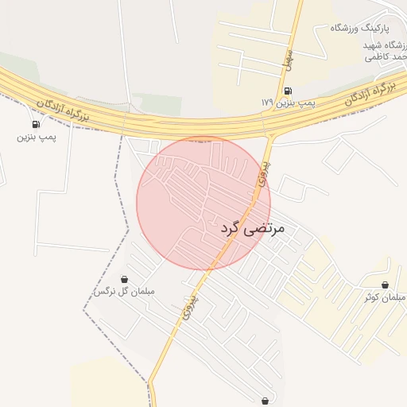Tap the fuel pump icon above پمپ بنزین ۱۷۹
(x=287, y=91)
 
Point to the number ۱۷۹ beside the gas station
(x=266, y=103)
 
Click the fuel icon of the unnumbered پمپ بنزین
(x=36, y=124)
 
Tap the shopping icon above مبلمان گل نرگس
(x=124, y=279)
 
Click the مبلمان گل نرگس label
(x=124, y=292)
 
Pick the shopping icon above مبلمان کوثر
(x=386, y=285)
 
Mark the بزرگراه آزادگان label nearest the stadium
(x=370, y=94)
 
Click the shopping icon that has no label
(x=264, y=401)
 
